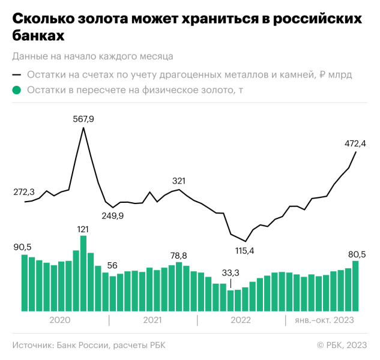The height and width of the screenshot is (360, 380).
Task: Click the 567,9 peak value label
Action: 83,119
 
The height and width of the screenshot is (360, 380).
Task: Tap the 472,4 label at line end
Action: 355,143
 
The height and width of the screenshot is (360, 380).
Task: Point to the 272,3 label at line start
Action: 25,192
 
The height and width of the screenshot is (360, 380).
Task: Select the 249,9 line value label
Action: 112,215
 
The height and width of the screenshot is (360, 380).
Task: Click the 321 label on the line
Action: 179,181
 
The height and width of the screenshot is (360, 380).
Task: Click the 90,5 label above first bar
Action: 23,247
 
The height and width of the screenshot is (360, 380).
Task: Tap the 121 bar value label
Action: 83,229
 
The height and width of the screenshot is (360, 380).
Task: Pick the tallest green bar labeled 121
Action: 83,273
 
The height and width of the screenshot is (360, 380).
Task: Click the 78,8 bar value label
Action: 178,255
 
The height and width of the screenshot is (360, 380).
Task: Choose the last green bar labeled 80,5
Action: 355,286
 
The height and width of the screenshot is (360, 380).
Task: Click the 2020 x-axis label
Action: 60,320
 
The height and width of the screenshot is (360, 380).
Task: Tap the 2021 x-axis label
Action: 153,320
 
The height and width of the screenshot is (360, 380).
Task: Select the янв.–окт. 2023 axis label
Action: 324,320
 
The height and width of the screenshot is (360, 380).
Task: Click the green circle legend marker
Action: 17,91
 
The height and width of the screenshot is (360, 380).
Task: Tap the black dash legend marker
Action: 17,75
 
